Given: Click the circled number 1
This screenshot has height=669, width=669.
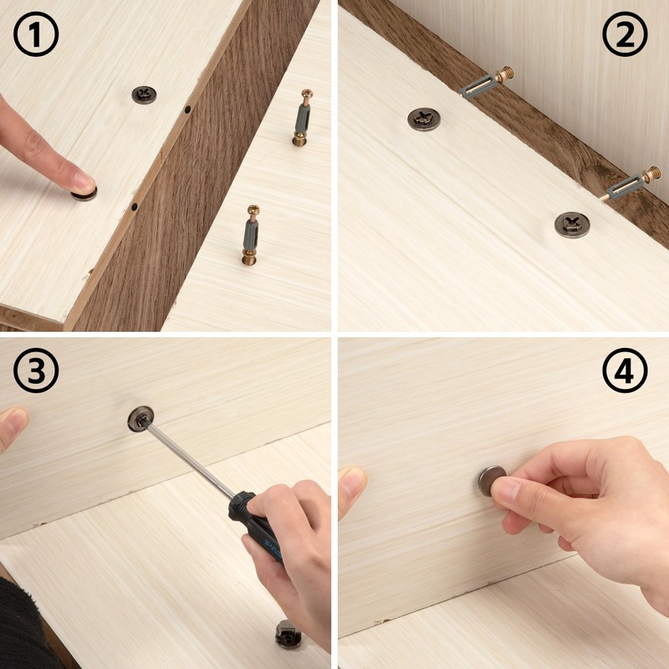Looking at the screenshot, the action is [x=36, y=34].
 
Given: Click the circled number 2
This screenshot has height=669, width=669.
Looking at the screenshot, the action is [x=625, y=34].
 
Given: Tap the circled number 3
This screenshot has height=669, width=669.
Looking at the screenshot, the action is [x=36, y=370].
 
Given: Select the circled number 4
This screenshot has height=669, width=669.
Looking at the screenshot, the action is [x=625, y=370].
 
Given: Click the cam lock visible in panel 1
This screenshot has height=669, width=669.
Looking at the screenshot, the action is [x=144, y=94].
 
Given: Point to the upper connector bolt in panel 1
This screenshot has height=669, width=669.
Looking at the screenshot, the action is [x=303, y=117].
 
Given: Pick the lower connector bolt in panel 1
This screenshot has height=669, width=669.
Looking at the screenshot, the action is [x=252, y=235].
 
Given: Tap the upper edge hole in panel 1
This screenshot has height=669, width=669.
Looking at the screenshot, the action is [x=187, y=110].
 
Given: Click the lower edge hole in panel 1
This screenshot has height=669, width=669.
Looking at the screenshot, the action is [x=134, y=207].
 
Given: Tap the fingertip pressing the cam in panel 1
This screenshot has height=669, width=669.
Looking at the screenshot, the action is [x=81, y=181].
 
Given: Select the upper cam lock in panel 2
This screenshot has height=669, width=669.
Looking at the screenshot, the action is [x=424, y=119].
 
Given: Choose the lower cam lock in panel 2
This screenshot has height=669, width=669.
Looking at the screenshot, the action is [x=572, y=225].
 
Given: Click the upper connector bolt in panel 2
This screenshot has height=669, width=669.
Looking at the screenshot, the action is [x=487, y=82].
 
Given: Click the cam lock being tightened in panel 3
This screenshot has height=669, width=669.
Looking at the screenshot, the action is [x=140, y=419].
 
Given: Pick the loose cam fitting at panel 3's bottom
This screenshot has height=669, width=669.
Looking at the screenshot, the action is [x=288, y=634].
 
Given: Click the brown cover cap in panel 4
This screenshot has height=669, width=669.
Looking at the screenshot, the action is [x=492, y=481].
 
